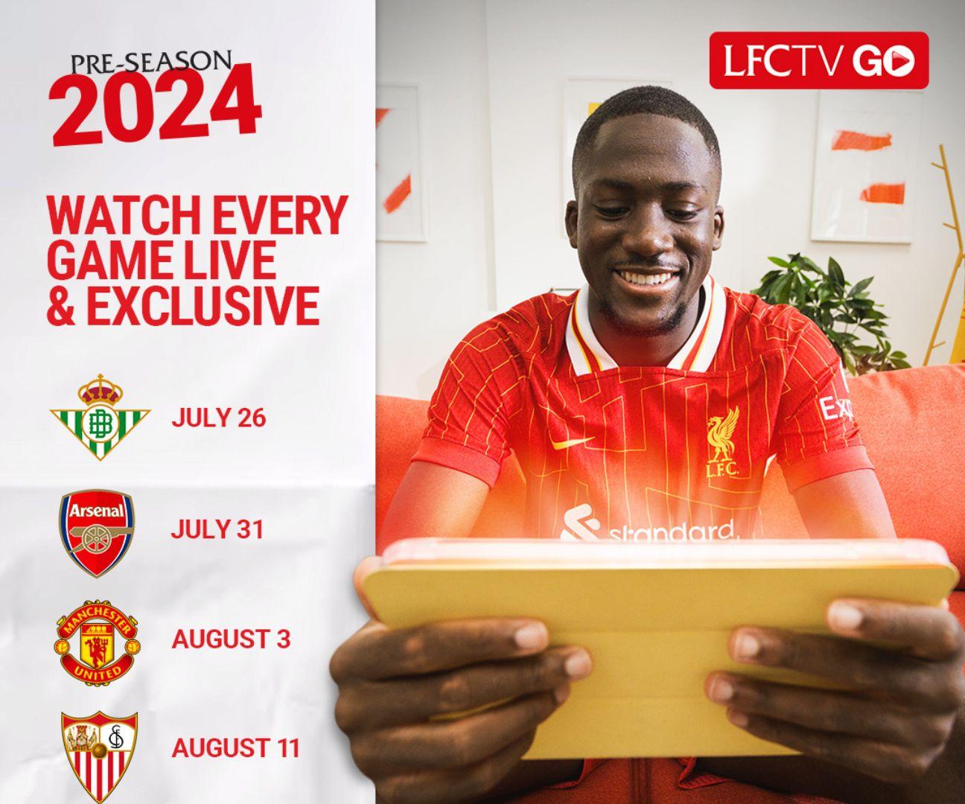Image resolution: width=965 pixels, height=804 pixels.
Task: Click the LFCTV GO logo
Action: [x=818, y=60]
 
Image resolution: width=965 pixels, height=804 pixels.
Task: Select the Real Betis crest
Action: [x=100, y=417]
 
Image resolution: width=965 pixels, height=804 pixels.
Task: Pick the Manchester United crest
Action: [x=97, y=640]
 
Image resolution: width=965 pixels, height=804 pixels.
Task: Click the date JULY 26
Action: [x=218, y=418]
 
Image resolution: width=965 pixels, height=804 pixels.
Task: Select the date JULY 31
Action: [x=217, y=529]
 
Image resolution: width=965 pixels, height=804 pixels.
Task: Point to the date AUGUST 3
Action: [x=231, y=639]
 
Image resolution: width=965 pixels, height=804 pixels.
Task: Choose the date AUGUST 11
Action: [x=235, y=747]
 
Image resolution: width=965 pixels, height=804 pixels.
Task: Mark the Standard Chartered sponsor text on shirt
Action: [x=670, y=532]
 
